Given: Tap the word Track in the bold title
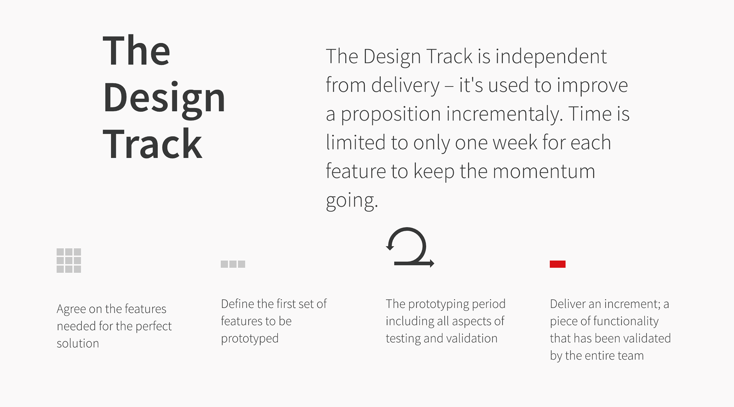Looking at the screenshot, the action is point(153,144).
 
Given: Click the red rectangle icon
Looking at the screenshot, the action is point(557,264).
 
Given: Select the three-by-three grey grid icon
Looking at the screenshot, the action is point(69,260).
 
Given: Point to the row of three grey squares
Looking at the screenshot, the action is point(233,264).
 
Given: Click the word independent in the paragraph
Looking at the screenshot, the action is point(551,57).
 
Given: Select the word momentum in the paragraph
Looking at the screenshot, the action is point(544,171).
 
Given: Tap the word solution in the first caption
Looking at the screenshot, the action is point(78,343).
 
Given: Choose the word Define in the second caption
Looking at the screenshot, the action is point(237,304).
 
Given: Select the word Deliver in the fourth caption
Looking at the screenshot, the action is point(567,304).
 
